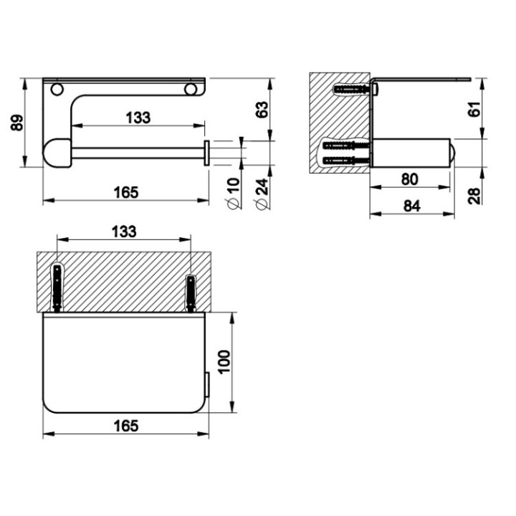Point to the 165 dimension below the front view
[x=125, y=192]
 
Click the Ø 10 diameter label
[x=231, y=193]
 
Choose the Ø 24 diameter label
[x=262, y=193]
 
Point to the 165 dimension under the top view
[x=125, y=425]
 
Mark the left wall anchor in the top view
[x=56, y=287]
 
